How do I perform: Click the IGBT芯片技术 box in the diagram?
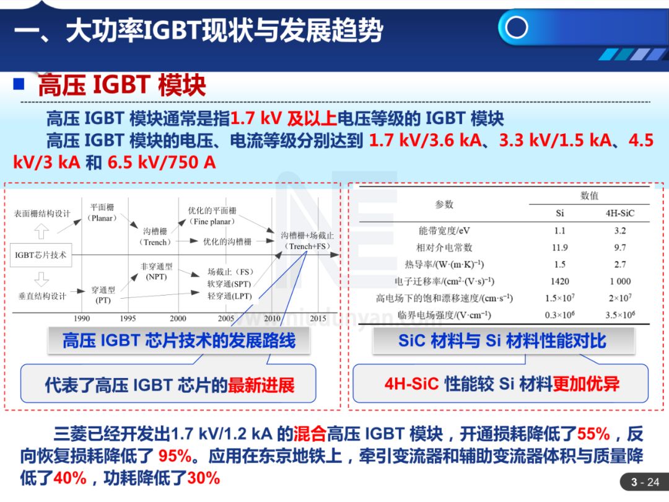pos(41,255)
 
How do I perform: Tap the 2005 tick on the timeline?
pos(226,319)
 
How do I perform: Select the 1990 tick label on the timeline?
pos(82,319)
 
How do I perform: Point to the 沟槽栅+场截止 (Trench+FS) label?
pos(307,241)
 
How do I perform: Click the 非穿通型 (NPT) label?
pos(156,271)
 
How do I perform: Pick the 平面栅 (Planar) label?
pos(102,213)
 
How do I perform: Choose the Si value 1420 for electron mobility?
pos(559,281)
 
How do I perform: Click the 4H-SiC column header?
pos(620,213)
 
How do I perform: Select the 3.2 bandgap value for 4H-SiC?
pos(620,231)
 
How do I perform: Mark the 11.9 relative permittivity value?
pos(559,247)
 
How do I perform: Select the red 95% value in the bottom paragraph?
pos(175,456)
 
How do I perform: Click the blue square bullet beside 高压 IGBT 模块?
pos(20,84)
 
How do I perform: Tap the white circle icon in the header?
pos(516,27)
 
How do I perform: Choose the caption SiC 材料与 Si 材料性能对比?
pos(502,341)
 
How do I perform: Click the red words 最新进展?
pos(261,385)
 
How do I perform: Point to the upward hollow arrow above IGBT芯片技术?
pos(41,232)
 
